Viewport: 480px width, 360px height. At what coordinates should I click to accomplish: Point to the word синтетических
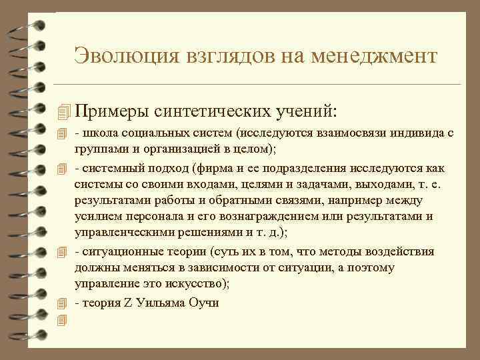[x=220, y=108]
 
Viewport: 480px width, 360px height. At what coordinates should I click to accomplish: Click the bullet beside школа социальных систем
[x=63, y=134]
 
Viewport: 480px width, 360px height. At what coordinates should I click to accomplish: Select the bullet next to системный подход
[x=63, y=167]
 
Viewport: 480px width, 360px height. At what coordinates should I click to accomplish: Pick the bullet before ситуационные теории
[x=63, y=251]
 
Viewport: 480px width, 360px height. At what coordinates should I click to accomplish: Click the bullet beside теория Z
[x=63, y=302]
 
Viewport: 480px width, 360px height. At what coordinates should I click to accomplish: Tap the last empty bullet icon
[x=63, y=320]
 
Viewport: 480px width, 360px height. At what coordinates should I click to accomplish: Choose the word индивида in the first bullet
[x=398, y=133]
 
